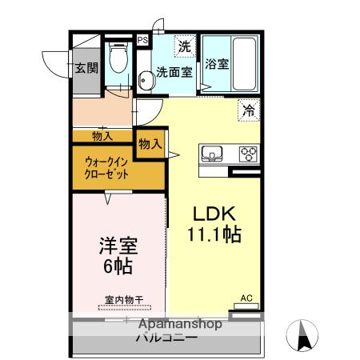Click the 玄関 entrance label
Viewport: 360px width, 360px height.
86,68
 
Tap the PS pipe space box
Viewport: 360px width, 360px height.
142,39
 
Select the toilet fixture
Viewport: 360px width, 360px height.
118,57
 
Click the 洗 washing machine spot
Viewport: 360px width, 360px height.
185,46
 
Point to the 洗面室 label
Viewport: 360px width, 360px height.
174,72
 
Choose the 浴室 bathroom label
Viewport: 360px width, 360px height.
216,64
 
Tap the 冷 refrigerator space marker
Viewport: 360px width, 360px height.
248,111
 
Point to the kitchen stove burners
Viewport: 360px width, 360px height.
249,153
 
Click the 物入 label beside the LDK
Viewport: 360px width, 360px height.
150,144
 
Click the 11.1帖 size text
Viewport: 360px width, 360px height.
214,235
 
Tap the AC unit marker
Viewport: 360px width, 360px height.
246,298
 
